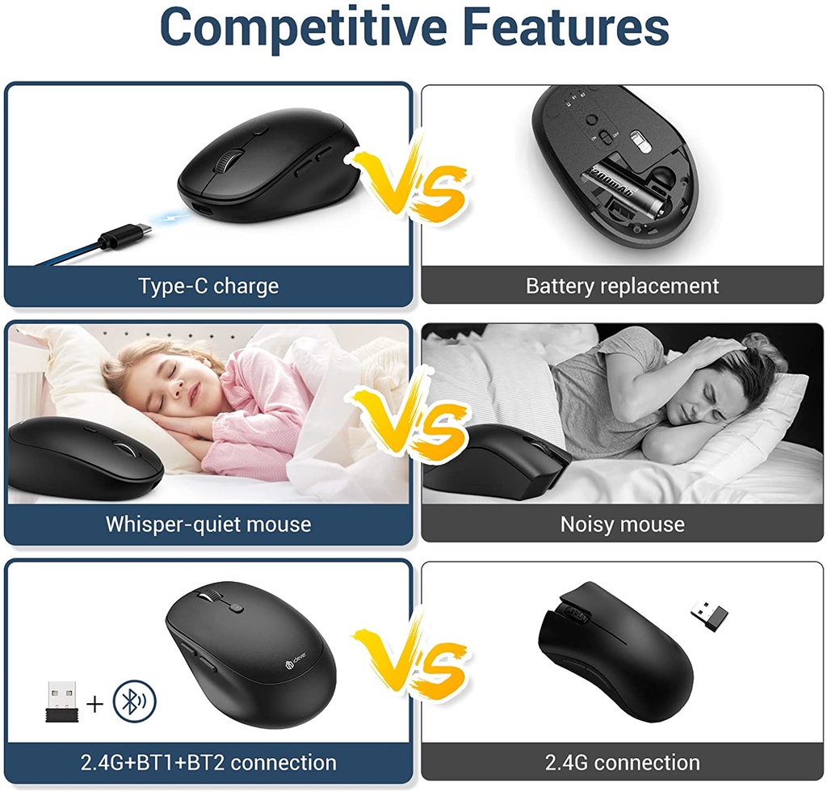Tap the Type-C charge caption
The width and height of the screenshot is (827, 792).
click(x=208, y=286)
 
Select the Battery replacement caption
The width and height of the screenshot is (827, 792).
click(x=622, y=286)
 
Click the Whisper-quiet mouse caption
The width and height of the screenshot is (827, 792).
click(x=208, y=524)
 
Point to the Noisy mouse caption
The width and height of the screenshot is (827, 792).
click(x=622, y=524)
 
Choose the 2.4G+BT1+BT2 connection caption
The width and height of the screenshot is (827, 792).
click(x=208, y=762)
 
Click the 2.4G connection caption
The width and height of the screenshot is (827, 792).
click(x=622, y=762)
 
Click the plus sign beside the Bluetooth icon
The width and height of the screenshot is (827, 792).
click(x=95, y=704)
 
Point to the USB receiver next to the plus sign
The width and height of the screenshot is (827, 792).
click(x=61, y=700)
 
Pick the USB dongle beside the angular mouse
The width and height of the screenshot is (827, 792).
click(x=709, y=614)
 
